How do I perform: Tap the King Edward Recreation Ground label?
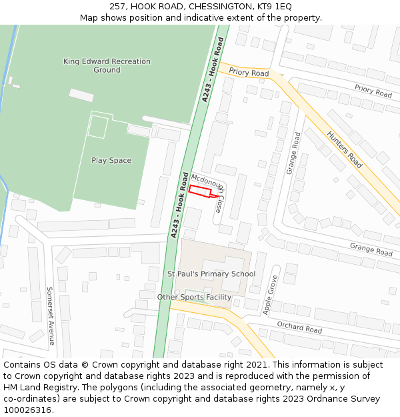pyautogui.click(x=107, y=65)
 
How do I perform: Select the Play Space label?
pyautogui.click(x=111, y=160)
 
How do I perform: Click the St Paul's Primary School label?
pyautogui.click(x=211, y=274)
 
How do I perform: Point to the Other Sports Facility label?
pyautogui.click(x=194, y=297)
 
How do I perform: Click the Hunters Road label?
pyautogui.click(x=344, y=149)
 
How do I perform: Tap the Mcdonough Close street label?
pyautogui.click(x=209, y=193)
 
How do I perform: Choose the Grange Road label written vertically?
pyautogui.click(x=293, y=153)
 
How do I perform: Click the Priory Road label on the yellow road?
pyautogui.click(x=249, y=73)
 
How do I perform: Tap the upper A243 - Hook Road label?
pyautogui.click(x=213, y=70)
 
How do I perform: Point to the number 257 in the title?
pyautogui.click(x=118, y=6)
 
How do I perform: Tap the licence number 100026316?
pyautogui.click(x=29, y=410)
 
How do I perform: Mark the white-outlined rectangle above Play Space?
pyautogui.click(x=97, y=127)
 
